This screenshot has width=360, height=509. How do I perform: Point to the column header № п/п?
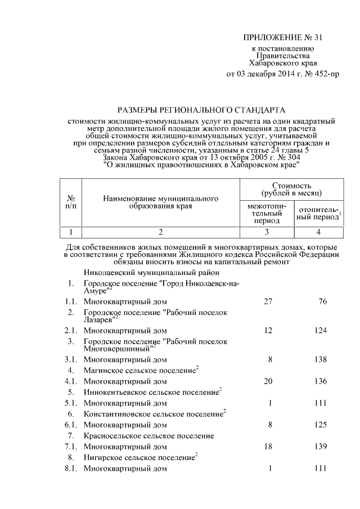pos(71,202)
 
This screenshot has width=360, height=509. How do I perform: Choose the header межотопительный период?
pos(267,213)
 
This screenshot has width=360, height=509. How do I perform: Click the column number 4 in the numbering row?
pos(318,232)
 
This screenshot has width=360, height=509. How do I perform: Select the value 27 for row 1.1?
pos(268,301)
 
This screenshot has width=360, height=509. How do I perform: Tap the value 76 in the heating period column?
pos(322,301)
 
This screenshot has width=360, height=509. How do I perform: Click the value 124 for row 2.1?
pos(321,330)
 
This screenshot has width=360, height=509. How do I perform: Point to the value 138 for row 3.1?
pos(321,359)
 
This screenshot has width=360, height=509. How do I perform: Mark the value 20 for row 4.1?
pos(268,381)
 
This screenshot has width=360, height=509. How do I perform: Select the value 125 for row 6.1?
pos(321,425)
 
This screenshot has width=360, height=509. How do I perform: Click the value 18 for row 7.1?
pos(268,447)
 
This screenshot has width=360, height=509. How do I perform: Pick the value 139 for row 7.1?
pos(321,447)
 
